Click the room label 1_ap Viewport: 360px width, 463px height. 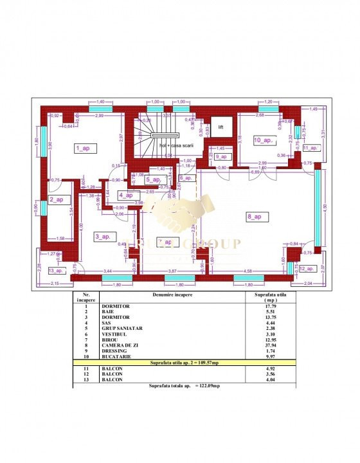tap(82, 149)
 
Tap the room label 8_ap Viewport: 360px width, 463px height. tap(253, 217)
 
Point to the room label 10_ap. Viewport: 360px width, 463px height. tap(264, 140)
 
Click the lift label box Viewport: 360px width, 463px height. tap(219, 127)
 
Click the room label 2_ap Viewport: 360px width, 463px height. tap(57, 200)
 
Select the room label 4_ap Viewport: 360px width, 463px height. tap(126, 195)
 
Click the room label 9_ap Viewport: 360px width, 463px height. tap(222, 157)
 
